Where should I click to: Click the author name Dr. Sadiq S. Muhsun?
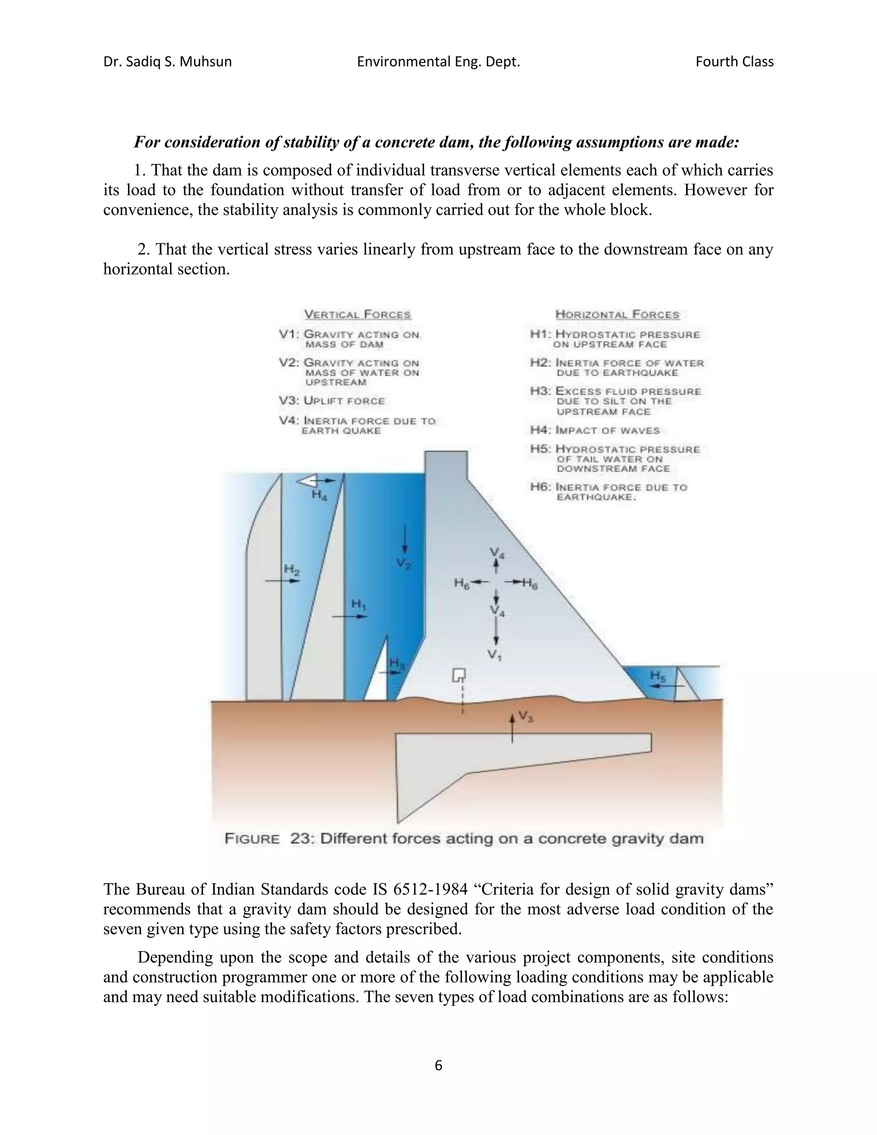167,62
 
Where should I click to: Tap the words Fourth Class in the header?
734,62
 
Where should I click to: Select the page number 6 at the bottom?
438,1065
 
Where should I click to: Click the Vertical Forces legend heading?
358,314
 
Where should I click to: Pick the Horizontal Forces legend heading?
617,314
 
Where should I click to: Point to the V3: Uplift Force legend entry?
332,401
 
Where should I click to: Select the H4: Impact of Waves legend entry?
595,430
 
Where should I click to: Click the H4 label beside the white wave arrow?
319,495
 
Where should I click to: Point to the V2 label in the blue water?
404,564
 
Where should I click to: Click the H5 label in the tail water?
658,675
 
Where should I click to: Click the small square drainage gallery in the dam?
458,675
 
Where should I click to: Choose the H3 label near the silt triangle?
397,663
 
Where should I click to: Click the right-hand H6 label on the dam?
530,584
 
